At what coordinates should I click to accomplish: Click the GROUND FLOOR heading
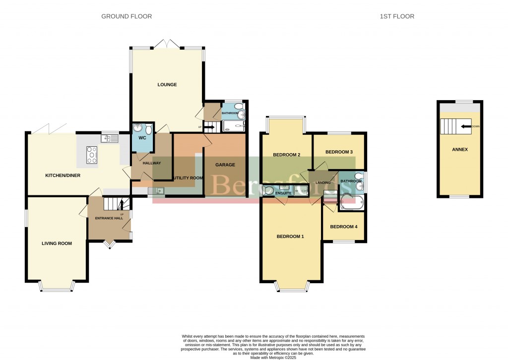(127, 16)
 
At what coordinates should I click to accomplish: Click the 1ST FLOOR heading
(397, 16)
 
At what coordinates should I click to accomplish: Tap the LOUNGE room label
(167, 85)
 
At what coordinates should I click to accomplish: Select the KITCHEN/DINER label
(63, 176)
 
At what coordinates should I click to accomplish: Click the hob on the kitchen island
(92, 155)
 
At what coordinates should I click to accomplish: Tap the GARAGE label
(225, 165)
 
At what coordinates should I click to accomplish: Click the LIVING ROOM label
(57, 243)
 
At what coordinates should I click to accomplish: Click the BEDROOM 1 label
(290, 237)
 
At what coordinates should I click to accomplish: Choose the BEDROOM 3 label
(339, 152)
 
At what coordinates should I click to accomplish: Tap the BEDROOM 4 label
(344, 227)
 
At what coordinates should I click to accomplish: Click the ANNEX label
(459, 149)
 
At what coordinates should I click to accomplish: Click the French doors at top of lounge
(167, 45)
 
